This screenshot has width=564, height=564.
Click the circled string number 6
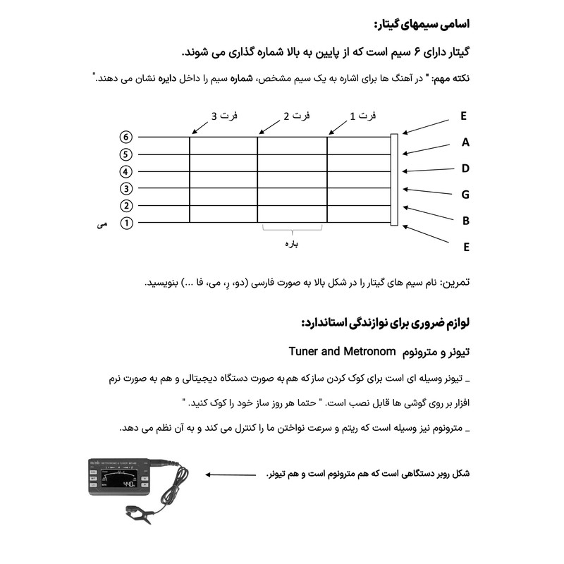(x=126, y=137)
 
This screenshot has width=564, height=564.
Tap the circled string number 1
(x=126, y=223)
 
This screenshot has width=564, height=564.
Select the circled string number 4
(x=126, y=171)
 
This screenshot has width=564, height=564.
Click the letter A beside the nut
(x=465, y=142)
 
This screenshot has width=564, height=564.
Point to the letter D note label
(x=465, y=168)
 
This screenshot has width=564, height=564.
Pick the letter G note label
(x=465, y=195)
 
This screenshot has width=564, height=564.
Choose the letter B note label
(x=465, y=221)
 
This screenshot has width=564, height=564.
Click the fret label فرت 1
(x=362, y=116)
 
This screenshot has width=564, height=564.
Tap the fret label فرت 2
(x=296, y=116)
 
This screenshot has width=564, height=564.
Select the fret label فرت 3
(x=223, y=116)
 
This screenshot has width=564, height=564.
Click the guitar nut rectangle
(x=393, y=180)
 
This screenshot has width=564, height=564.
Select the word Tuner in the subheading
(x=305, y=351)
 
